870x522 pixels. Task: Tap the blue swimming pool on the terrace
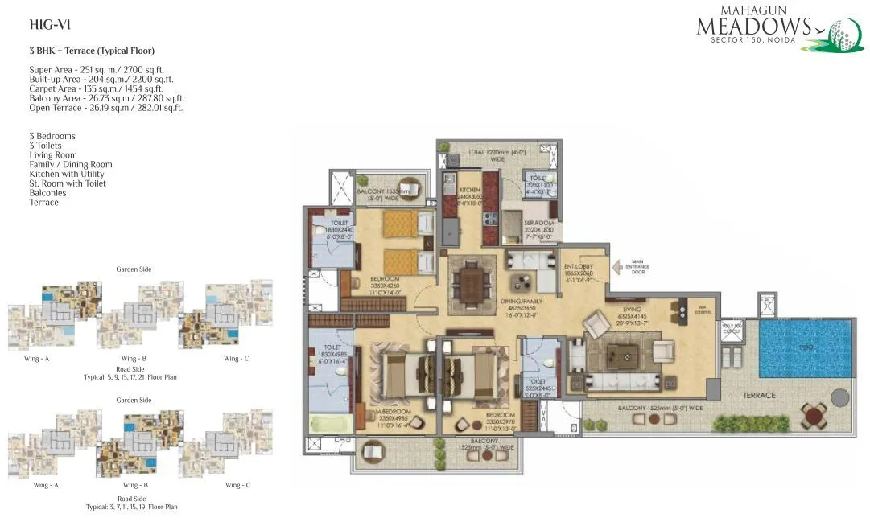pyautogui.click(x=804, y=348)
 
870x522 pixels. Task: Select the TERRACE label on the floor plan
pyautogui.click(x=759, y=395)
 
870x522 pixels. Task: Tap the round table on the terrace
pyautogui.click(x=814, y=416)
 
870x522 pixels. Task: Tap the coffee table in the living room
pyautogui.click(x=621, y=354)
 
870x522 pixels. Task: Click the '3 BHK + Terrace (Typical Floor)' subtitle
pyautogui.click(x=92, y=51)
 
